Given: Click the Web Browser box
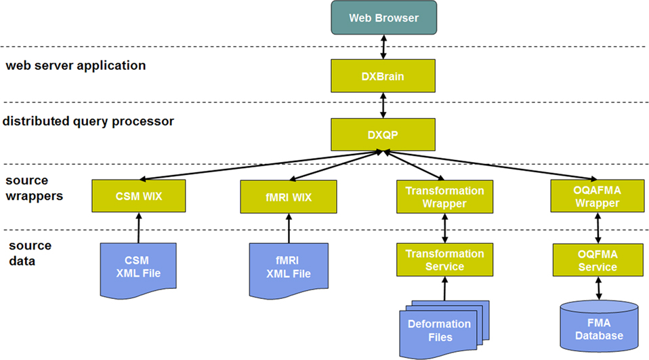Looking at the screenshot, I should (x=383, y=18).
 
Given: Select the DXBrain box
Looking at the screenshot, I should (x=383, y=76).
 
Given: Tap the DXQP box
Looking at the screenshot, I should (x=383, y=134).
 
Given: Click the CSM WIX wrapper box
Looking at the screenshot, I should (x=138, y=197).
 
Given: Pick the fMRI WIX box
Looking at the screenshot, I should (x=289, y=197).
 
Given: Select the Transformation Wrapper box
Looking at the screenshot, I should (x=444, y=197).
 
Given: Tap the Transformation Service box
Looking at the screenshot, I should (x=444, y=260).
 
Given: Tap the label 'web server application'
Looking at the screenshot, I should (x=75, y=66).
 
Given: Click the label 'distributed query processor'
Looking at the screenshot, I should (x=88, y=121).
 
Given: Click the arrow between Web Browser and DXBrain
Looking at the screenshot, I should (x=383, y=47).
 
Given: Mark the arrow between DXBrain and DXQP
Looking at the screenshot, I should (x=383, y=105).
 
